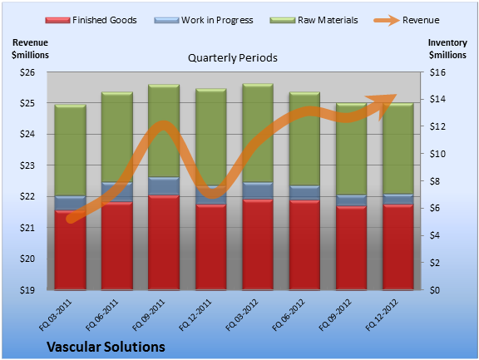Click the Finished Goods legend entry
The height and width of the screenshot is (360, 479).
point(91,20)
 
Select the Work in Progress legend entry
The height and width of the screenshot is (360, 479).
point(204,20)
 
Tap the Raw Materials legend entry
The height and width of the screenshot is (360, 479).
point(314,20)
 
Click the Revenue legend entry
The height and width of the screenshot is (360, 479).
point(407,20)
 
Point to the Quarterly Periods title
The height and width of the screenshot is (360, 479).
point(233,57)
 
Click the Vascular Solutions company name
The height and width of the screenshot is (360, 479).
point(106,347)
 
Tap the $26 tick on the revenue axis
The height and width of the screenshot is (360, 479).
point(27,72)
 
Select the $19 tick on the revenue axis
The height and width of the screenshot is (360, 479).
point(27,290)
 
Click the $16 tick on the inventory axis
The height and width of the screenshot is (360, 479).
point(437,72)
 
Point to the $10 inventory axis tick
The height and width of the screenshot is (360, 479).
point(437,154)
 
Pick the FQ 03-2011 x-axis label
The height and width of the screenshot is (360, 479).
point(55,315)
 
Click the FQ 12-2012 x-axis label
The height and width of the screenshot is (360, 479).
point(382,315)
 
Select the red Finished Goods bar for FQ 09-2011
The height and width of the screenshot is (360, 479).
point(164,242)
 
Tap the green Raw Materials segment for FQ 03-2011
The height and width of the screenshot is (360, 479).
point(70,150)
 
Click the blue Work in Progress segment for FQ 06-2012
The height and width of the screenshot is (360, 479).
point(304,193)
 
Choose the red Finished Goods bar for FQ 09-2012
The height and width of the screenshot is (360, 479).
point(351,248)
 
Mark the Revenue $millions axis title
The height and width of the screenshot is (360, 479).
point(30,48)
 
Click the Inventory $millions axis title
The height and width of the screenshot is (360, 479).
point(447,48)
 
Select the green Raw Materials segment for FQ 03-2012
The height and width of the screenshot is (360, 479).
point(258,133)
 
